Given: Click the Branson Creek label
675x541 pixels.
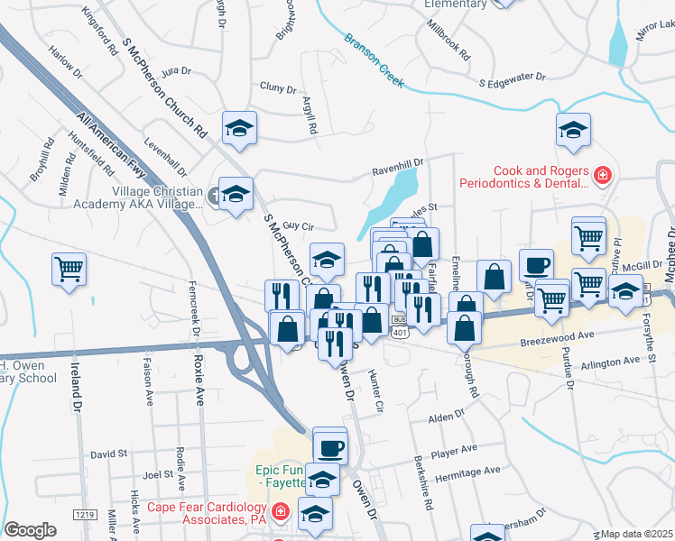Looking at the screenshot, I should [x=374, y=62].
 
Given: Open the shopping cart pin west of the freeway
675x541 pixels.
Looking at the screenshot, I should [x=69, y=270].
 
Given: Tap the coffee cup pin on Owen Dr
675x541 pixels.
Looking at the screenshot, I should [x=329, y=447].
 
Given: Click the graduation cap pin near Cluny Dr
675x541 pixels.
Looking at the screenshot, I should [x=240, y=128].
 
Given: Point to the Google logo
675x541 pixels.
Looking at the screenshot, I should [x=31, y=529].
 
